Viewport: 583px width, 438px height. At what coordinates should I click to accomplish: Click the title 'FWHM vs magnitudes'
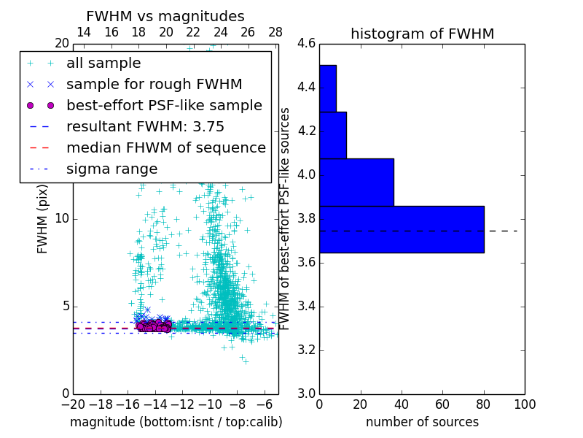[165, 17]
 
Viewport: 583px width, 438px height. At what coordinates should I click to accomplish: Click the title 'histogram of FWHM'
[422, 34]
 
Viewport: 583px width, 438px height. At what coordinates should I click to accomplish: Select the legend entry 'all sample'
[103, 64]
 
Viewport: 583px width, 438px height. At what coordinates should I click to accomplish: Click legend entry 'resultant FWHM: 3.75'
[145, 127]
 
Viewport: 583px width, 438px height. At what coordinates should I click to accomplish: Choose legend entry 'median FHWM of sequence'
[165, 148]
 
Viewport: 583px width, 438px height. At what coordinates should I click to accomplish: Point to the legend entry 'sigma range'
[111, 169]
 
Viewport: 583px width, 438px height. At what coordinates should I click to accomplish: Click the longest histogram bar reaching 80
[402, 229]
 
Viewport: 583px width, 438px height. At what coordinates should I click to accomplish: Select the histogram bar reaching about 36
[356, 182]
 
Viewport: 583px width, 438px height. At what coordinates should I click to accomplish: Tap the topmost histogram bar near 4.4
[327, 88]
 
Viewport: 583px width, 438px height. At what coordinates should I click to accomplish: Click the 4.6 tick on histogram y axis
[306, 44]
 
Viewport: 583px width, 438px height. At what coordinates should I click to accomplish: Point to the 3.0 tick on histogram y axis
[306, 393]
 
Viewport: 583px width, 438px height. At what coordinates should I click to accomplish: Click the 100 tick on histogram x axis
[524, 404]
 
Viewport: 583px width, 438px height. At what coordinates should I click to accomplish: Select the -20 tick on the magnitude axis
[73, 404]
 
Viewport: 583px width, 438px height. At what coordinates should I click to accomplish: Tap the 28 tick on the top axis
[275, 32]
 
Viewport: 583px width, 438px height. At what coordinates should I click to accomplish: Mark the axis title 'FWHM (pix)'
[43, 219]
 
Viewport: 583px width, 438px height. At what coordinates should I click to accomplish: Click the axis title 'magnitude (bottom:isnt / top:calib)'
[176, 422]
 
